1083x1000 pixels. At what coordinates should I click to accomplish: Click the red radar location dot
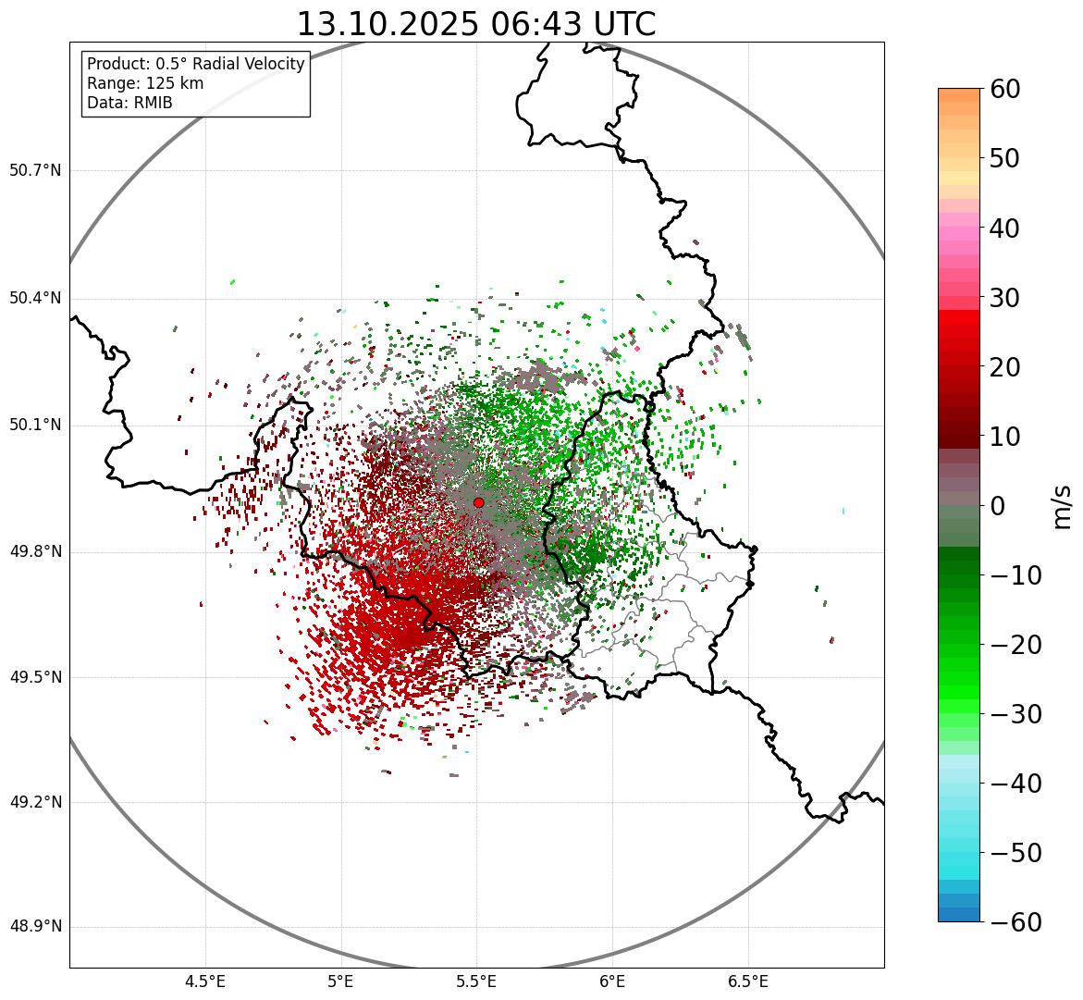point(478,502)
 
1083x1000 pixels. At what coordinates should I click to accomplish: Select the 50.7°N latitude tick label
point(35,171)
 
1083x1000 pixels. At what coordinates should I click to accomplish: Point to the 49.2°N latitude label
point(35,802)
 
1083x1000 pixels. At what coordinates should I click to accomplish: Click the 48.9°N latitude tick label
point(35,927)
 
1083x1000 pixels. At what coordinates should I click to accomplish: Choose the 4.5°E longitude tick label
point(205,981)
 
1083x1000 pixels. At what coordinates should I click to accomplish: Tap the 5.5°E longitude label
point(477,981)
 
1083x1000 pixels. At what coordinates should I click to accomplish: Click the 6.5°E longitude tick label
point(748,981)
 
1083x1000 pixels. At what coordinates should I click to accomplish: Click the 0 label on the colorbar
point(999,506)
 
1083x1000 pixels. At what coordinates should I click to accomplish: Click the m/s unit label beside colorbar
point(1064,506)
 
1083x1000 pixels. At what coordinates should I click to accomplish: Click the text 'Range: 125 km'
point(145,83)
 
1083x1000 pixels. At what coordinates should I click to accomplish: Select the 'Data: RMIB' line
point(129,103)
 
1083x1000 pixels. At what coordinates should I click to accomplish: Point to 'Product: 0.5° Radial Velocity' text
point(195,64)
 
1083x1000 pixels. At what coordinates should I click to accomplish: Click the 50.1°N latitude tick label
point(35,426)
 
